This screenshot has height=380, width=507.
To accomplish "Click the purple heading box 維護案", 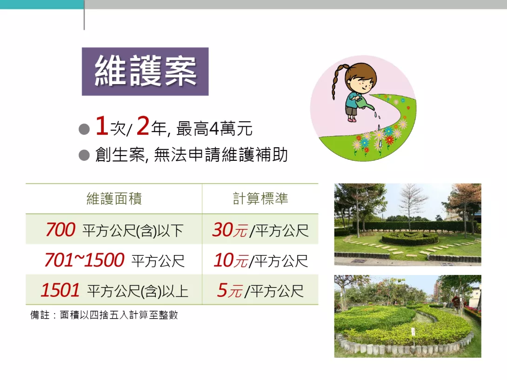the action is click(145, 72).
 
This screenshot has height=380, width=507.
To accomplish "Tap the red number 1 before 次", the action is click(101, 126).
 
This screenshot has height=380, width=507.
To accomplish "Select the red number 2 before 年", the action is click(143, 126).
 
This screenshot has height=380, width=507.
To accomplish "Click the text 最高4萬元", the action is click(214, 129).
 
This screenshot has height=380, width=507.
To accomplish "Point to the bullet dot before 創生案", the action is click(84, 155).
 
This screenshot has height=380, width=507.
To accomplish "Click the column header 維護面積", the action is click(114, 198).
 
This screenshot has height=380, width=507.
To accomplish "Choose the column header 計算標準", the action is click(260, 198).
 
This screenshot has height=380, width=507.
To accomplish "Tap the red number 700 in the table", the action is click(60, 229).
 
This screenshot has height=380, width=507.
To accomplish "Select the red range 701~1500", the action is click(84, 260).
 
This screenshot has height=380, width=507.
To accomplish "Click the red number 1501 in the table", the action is click(60, 290).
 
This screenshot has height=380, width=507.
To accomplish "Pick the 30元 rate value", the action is click(230, 230).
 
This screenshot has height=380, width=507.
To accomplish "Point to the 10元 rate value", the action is click(231, 261).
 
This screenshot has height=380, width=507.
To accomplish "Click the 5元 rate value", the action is click(230, 290).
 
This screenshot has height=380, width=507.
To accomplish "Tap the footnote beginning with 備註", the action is click(104, 315).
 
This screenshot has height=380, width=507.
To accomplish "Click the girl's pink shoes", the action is click(352, 119).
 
